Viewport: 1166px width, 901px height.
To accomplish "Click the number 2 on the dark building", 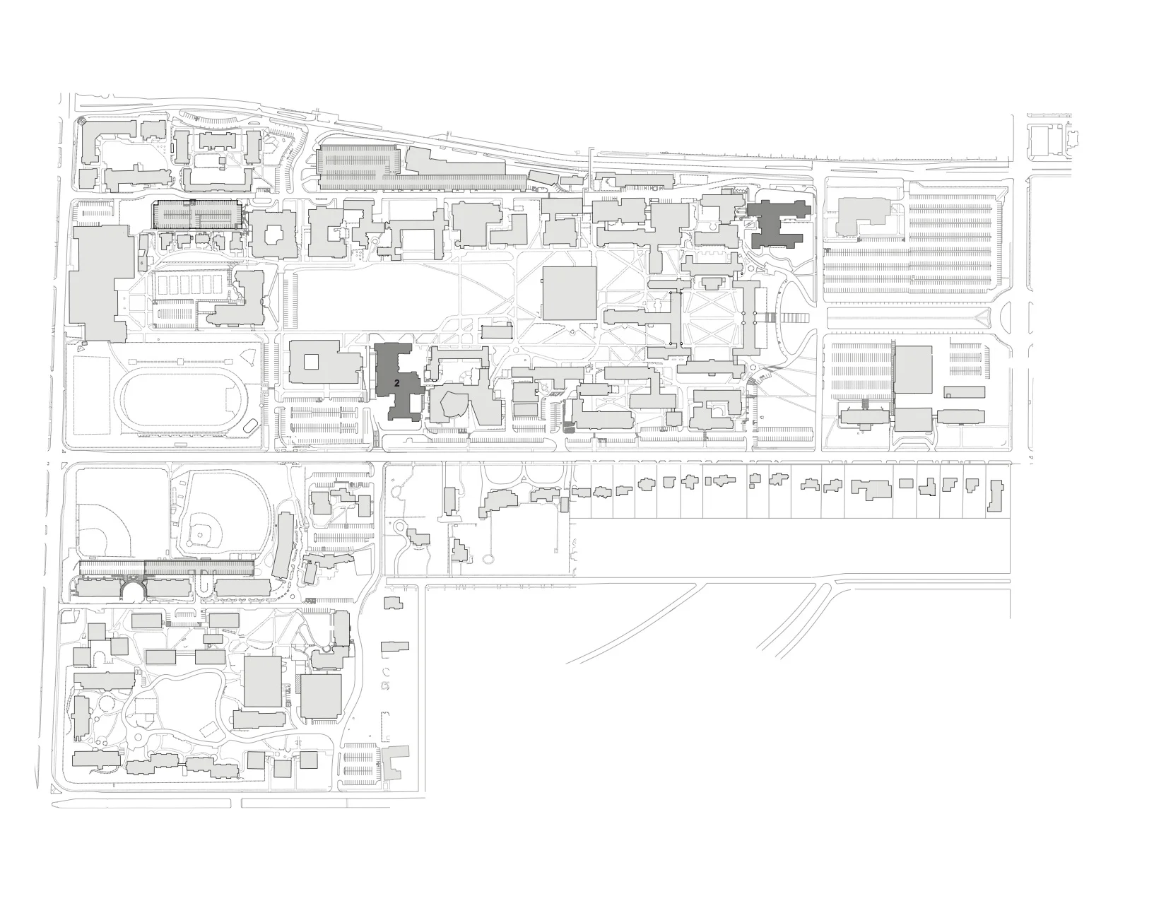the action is click(x=397, y=382).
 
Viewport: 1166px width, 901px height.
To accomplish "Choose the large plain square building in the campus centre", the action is click(x=569, y=293).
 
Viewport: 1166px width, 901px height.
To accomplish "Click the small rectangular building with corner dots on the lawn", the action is click(x=497, y=331).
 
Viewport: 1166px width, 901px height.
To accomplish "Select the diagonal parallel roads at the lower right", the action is click(x=791, y=622).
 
